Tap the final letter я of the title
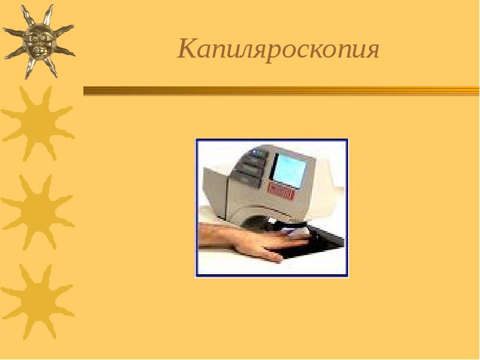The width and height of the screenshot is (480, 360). coord(372,50)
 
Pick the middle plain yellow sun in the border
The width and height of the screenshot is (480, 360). coord(37,211)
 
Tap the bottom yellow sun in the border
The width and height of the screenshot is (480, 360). coord(37,301)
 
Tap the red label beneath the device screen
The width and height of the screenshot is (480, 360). coord(282,191)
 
